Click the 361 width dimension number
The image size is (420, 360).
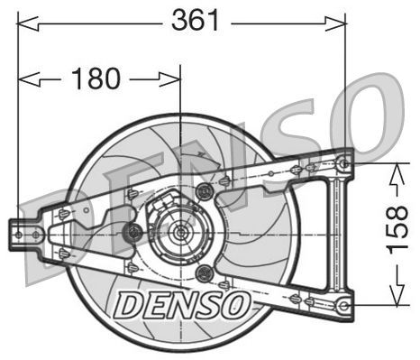pos(196,20)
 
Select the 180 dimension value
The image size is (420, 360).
pos(96,78)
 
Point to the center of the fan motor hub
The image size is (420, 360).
pos(178,233)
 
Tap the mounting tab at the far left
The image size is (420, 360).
pos(19,234)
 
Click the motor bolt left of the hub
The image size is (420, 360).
pos(134,232)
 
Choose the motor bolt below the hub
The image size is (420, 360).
pos(203,272)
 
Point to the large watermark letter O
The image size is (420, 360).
pos(370,117)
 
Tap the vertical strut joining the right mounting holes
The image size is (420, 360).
pos(340,234)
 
